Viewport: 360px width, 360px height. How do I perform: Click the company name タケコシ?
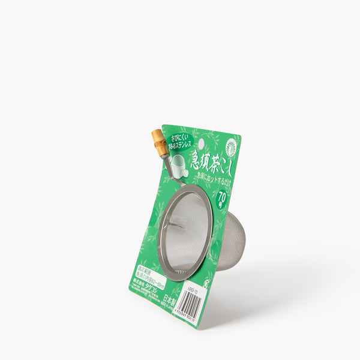point(157,289)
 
